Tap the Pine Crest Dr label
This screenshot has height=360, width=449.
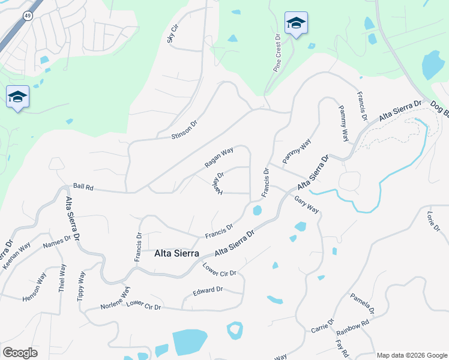tap(277, 53)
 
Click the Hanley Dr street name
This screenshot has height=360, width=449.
tap(217, 184)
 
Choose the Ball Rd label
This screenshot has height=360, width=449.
tap(83, 187)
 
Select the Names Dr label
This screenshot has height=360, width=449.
tap(57, 242)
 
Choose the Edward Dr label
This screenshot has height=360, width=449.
tap(208, 290)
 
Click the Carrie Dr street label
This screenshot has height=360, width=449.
tap(323, 326)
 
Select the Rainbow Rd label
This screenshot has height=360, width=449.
tap(352, 328)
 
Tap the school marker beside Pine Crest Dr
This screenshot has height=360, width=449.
tap(296, 23)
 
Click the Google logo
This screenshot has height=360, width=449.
tap(20, 352)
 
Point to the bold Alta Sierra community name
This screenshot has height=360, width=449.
tap(177, 253)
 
